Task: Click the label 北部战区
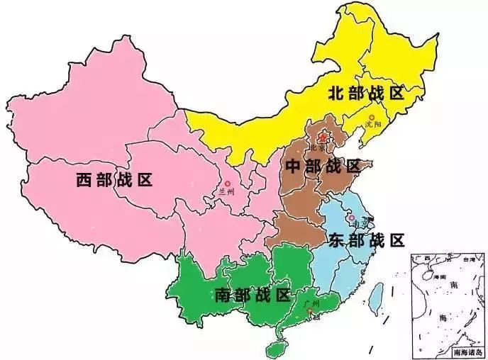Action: click(365, 92)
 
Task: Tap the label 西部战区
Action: click(114, 179)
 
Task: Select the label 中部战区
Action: click(323, 167)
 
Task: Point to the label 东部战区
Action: click(366, 240)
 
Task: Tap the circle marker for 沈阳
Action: click(371, 117)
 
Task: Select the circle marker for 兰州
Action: click(228, 183)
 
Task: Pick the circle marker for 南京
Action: click(351, 218)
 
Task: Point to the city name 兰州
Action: click(227, 191)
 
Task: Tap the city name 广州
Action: click(310, 304)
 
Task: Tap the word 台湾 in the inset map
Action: click(469, 260)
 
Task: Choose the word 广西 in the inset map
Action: click(426, 259)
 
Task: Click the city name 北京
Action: click(317, 148)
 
